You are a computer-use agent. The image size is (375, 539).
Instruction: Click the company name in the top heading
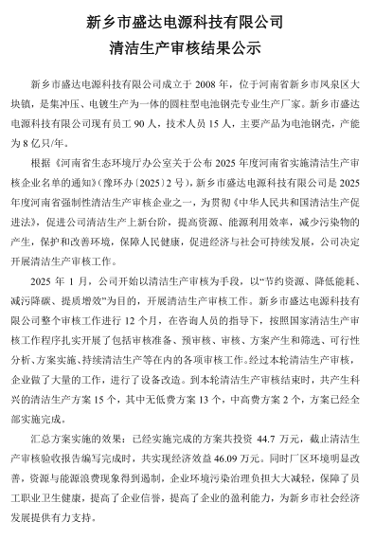pyautogui.click(x=187, y=19)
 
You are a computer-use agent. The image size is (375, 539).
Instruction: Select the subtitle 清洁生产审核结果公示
pyautogui.click(x=187, y=45)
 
